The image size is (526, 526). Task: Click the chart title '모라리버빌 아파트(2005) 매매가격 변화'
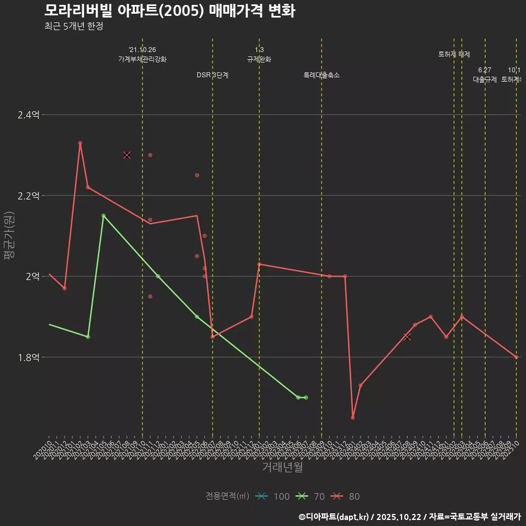(x=169, y=11)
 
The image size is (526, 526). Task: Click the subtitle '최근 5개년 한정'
(x=73, y=26)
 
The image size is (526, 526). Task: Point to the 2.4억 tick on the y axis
(x=28, y=115)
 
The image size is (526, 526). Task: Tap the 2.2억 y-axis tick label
(x=28, y=196)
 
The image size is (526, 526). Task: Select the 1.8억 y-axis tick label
(x=28, y=357)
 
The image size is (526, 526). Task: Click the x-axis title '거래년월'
(x=282, y=467)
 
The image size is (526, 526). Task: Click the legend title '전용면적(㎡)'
(x=227, y=496)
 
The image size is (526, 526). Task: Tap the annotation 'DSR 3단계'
(x=213, y=75)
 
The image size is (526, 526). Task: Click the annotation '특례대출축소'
(x=322, y=75)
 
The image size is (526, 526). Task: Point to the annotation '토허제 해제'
(x=454, y=54)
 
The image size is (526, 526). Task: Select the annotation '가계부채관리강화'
(x=142, y=59)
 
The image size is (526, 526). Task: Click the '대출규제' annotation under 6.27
(x=485, y=79)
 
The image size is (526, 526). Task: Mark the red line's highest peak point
(x=80, y=143)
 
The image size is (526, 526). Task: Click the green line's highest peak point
(x=104, y=216)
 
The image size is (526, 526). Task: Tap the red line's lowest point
(x=353, y=418)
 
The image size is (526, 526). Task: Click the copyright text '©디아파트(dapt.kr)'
(x=334, y=516)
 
